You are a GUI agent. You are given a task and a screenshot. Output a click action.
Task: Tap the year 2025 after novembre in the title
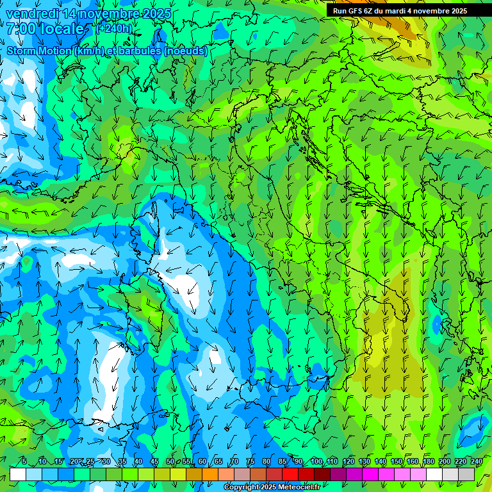coord(154,13)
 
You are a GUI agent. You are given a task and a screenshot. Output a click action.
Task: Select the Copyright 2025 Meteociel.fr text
coord(272,488)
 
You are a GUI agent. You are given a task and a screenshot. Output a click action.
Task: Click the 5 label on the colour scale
coord(24,461)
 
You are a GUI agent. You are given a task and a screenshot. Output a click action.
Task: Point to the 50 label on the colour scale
coord(170,461)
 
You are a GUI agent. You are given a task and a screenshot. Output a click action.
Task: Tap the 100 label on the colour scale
coord(316,461)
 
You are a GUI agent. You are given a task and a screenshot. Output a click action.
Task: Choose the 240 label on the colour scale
coord(477,461)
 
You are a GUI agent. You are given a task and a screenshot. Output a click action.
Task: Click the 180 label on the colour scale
coord(428,461)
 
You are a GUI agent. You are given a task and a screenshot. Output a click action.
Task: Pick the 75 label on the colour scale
coord(250,461)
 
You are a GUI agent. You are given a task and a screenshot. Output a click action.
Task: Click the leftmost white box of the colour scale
coord(18,474)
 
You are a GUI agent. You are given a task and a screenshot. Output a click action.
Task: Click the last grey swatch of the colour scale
coord(466,474)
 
